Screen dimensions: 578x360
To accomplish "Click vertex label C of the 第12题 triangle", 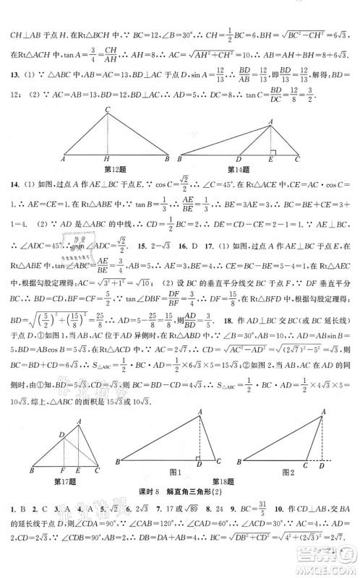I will coord(106,110).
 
